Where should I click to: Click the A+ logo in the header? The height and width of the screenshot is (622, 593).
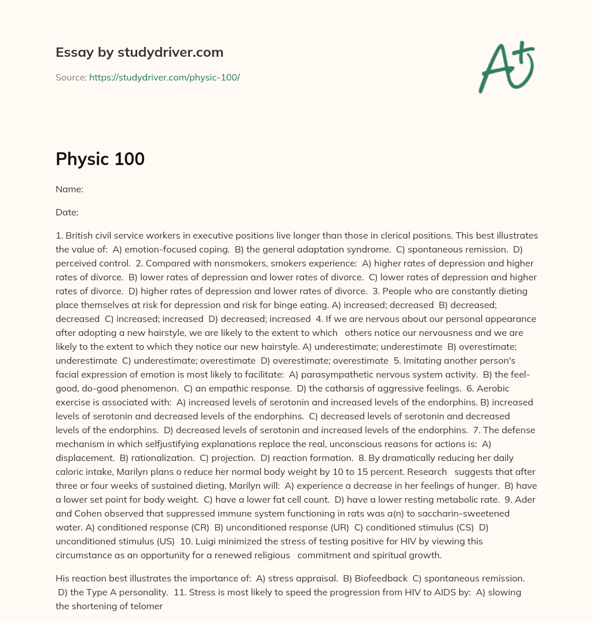point(506,67)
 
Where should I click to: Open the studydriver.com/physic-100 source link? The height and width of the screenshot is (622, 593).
point(164,77)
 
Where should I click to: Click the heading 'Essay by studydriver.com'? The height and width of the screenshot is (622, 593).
point(139,52)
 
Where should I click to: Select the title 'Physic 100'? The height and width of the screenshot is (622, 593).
point(100,159)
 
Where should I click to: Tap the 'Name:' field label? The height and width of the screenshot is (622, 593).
point(69,189)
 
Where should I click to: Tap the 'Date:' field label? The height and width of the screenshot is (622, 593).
point(67,212)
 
